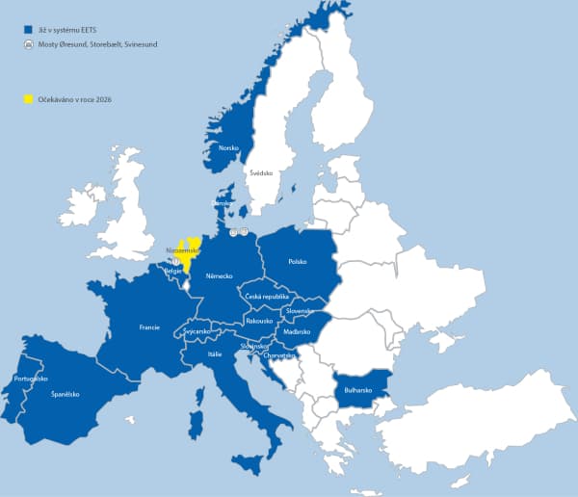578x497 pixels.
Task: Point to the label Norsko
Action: [x=229, y=147]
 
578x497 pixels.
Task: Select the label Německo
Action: [x=220, y=275]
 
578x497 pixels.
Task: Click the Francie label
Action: [x=149, y=327]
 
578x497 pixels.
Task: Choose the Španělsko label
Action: [x=66, y=394]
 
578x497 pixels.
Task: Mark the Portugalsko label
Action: [x=32, y=379]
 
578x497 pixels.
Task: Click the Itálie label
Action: [x=215, y=354]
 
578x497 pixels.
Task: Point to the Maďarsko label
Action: [x=296, y=331]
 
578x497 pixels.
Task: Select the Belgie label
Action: [x=173, y=272]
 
